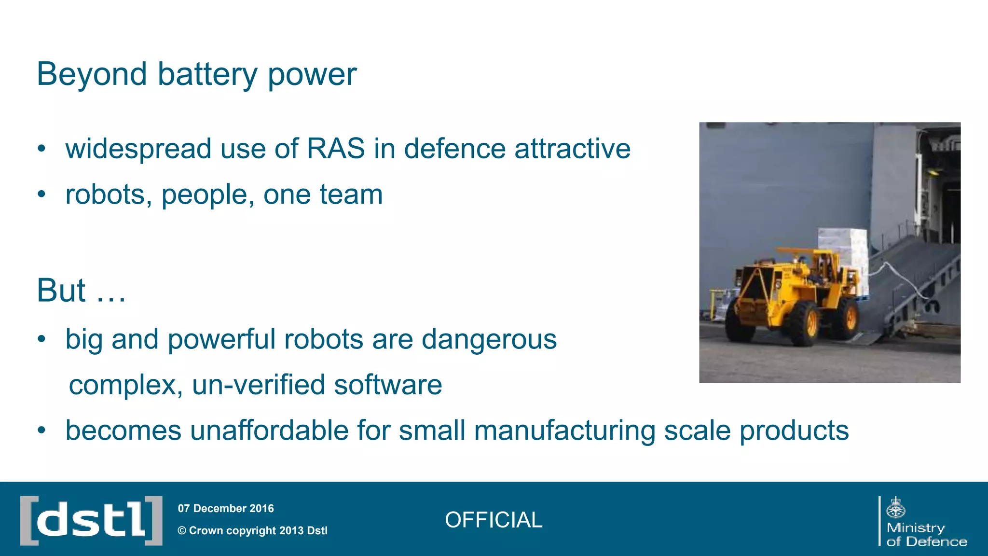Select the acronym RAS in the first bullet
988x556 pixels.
[x=336, y=148]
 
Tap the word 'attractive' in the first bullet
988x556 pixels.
[x=572, y=148]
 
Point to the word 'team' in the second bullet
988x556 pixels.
[x=351, y=195]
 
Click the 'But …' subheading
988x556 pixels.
[x=81, y=291]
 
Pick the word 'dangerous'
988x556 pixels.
[x=489, y=339]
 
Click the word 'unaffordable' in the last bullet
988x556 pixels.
[x=270, y=430]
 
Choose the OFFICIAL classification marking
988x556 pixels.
[x=494, y=520]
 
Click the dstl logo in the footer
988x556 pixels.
[x=91, y=520]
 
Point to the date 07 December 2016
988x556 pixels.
[x=226, y=508]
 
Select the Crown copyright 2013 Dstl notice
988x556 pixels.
[x=252, y=530]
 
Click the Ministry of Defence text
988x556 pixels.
[x=926, y=535]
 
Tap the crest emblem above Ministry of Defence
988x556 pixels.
[x=896, y=508]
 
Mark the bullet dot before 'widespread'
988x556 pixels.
[x=42, y=149]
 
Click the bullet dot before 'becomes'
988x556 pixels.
[x=42, y=431]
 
